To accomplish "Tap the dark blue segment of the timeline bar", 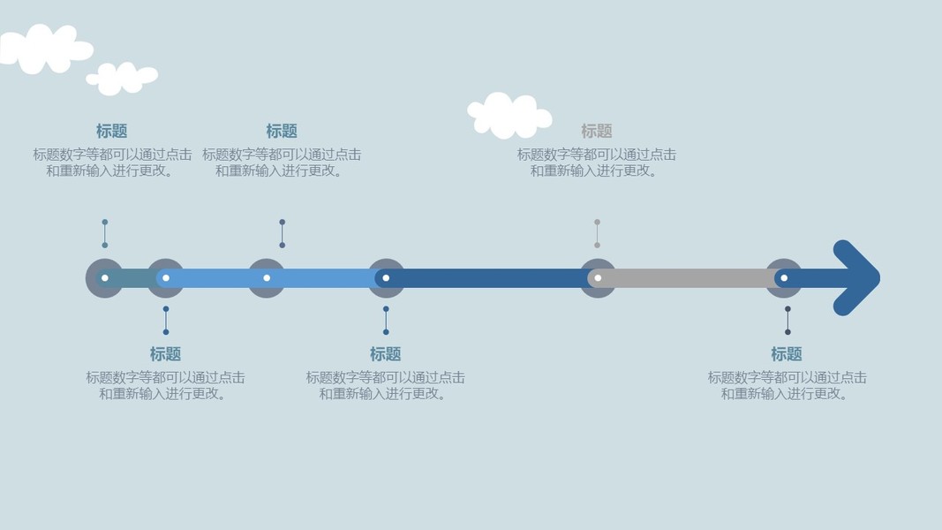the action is pos(490,278).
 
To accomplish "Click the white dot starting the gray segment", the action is pos(598,278).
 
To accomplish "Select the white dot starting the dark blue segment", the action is pos(386,278).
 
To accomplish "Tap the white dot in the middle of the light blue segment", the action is pos(267,278).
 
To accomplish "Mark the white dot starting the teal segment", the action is pos(105,278).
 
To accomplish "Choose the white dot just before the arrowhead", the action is pos(784,278).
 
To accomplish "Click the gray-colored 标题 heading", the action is pos(597,131).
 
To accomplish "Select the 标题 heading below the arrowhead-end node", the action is pos(787,354).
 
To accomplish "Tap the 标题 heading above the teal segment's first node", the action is pos(112,131).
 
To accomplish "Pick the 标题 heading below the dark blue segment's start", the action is pos(386,354).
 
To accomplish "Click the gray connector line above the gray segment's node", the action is pos(597,233).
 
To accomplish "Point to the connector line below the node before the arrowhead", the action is pos(788,321).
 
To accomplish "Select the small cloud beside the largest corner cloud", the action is pos(123,78).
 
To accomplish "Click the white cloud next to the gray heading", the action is pos(509,115).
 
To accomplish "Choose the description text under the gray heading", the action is pos(597,163).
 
